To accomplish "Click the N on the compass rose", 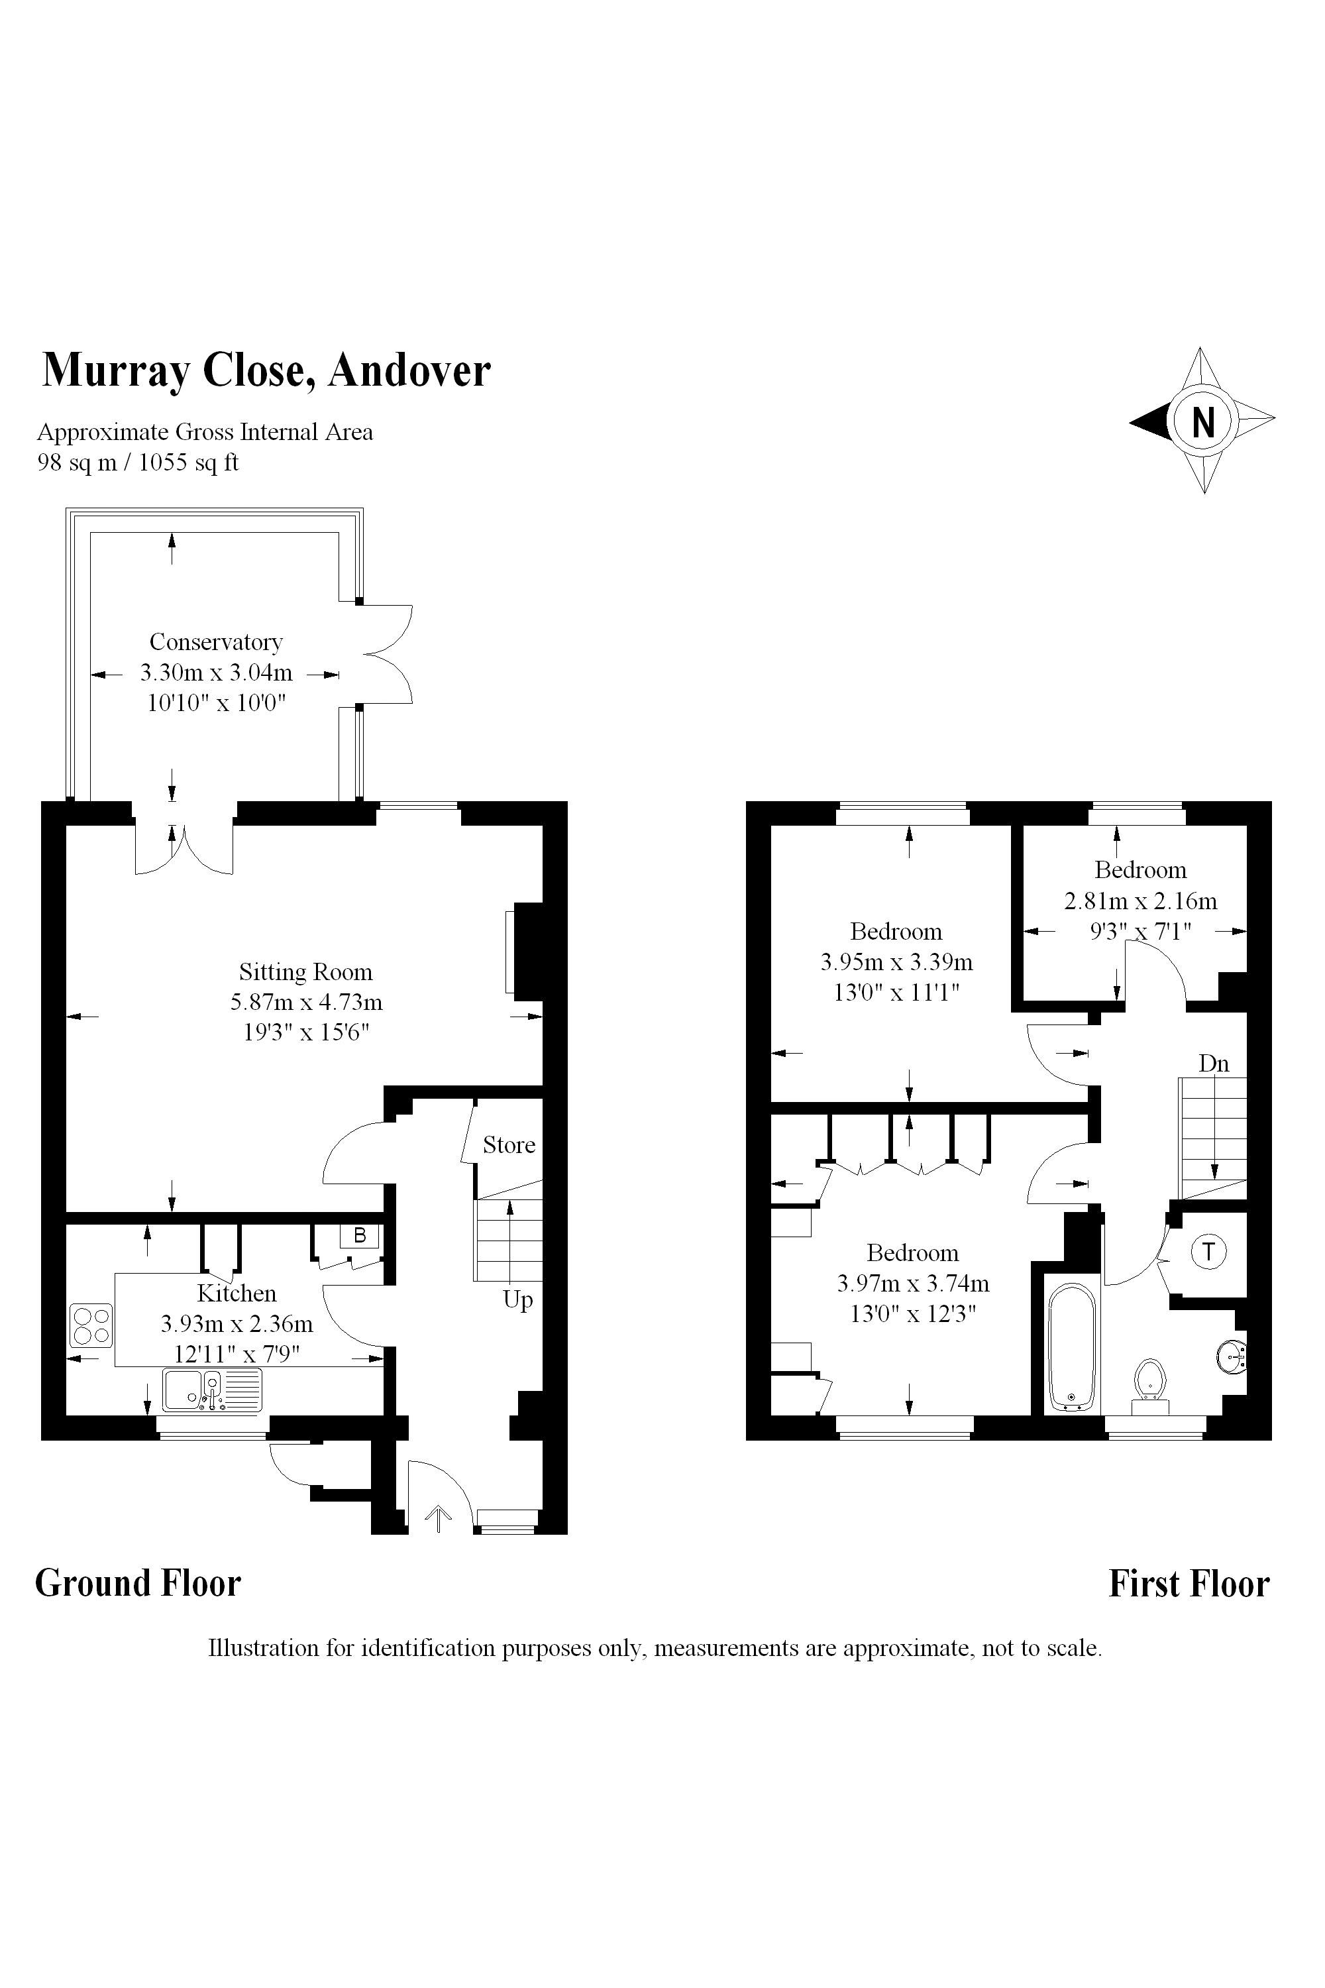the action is tap(1202, 421).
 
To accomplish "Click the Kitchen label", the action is tap(237, 1294).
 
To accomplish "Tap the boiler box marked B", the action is tap(359, 1236).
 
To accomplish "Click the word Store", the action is tap(509, 1144).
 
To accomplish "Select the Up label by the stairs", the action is tap(518, 1299).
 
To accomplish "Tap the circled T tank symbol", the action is tap(1209, 1251).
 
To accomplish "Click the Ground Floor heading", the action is tap(138, 1583).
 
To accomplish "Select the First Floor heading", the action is tap(1189, 1583).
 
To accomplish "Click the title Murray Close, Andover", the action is tap(266, 370).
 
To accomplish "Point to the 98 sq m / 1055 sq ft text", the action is tap(138, 463).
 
